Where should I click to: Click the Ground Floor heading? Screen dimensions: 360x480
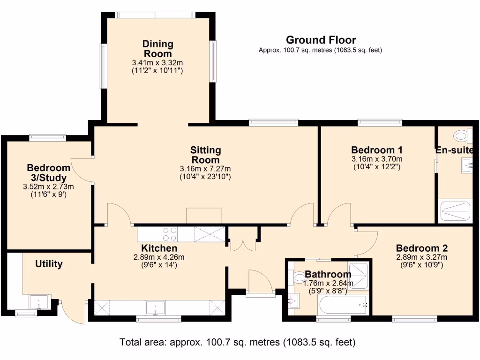click(321, 40)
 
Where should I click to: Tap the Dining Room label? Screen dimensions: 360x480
click(157, 49)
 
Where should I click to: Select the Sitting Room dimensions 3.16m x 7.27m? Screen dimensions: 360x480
click(205, 169)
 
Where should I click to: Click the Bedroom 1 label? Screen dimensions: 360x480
click(377, 150)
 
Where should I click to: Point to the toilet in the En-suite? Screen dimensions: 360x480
click(462, 136)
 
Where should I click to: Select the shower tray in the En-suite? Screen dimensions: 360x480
click(455, 211)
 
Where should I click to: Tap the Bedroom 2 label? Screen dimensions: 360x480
click(421, 248)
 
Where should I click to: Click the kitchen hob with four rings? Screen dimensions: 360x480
click(170, 233)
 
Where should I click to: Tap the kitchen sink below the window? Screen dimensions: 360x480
click(154, 308)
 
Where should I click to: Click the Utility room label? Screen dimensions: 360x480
click(49, 264)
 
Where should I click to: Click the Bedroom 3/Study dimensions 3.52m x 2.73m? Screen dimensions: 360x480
click(49, 187)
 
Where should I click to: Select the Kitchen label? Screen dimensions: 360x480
click(159, 248)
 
